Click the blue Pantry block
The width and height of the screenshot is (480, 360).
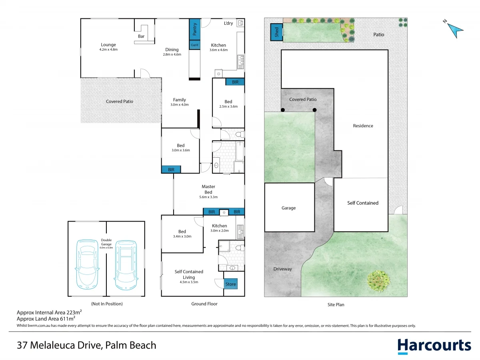pos(195,29)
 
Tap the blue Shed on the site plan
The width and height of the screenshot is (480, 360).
pos(277,32)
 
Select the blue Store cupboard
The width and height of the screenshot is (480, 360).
pos(230,284)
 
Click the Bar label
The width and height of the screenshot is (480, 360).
pos(141,36)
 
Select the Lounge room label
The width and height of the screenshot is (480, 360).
pos(108,44)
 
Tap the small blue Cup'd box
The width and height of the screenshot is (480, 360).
pos(195,45)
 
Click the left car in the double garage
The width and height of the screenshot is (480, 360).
pos(87,264)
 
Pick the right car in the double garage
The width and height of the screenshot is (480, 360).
pos(126,265)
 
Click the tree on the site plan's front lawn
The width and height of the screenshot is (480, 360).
pos(378,281)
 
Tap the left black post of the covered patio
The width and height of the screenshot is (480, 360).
pos(283,110)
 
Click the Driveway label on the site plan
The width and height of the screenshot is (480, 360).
pos(282,269)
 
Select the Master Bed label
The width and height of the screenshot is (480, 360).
pos(208,189)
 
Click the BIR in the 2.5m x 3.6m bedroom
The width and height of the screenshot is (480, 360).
pos(235,82)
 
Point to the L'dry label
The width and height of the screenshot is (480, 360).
pos(228,23)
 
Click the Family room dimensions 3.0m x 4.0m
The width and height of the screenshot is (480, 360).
pos(179,105)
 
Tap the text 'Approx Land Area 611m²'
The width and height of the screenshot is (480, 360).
pos(46,318)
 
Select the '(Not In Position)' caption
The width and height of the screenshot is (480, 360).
pos(107,304)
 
